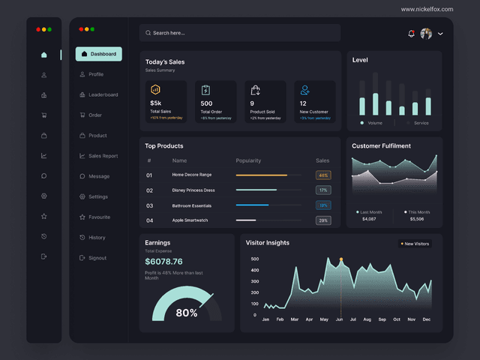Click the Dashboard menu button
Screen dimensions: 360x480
coord(98,54)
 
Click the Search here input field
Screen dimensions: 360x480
coord(239,33)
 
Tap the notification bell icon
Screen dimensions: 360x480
coord(411,33)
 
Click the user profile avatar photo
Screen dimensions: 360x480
coord(426,34)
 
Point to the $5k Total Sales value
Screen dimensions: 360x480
coord(156,103)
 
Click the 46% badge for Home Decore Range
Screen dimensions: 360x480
coord(323,175)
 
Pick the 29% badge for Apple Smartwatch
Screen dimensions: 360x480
coord(323,220)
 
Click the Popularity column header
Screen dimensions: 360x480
coord(248,160)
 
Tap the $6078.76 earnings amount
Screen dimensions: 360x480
coord(163,262)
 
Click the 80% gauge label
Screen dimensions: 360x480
coord(186,313)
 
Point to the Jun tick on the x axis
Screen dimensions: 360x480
coord(339,319)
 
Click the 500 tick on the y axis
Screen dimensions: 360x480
coord(255,259)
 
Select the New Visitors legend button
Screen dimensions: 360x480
coord(415,244)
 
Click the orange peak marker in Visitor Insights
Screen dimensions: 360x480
coord(340,259)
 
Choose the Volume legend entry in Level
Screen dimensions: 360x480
coord(374,123)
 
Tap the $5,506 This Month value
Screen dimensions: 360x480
coord(417,219)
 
